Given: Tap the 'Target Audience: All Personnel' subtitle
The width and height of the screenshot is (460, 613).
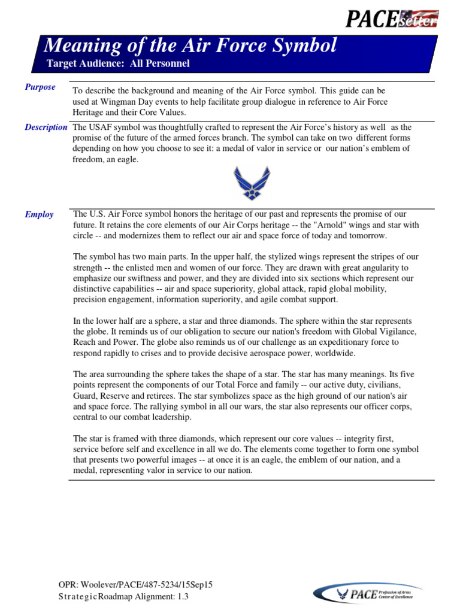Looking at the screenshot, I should [118, 63].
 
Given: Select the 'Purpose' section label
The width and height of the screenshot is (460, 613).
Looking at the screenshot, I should [40, 87].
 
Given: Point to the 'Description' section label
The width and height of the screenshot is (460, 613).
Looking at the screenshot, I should [46, 128].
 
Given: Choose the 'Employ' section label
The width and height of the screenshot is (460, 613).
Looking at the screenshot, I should [39, 215].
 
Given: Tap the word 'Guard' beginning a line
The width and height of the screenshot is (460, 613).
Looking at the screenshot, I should [84, 395].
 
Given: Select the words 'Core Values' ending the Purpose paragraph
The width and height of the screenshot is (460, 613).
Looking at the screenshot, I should [165, 113].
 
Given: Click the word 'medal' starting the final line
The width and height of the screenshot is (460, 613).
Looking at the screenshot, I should [86, 471].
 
